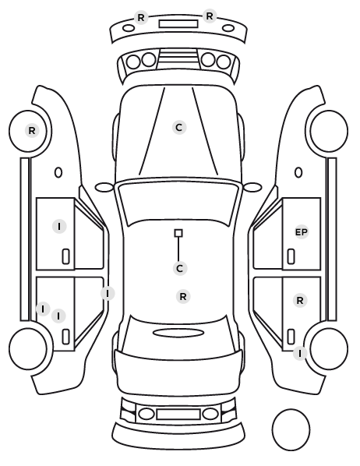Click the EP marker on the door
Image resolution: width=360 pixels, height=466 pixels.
click(301, 232)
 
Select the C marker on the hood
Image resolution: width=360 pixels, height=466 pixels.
click(179, 128)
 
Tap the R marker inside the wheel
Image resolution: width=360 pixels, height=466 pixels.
click(32, 130)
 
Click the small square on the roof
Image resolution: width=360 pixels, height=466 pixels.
click(178, 233)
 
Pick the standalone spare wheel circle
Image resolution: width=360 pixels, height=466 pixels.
click(291, 429)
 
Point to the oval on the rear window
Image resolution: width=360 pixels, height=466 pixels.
click(178, 334)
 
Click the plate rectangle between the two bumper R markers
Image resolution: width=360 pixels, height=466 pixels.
click(178, 24)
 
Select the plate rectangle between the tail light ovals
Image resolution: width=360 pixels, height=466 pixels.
click(178, 414)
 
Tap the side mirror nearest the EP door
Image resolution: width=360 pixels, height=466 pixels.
click(252, 187)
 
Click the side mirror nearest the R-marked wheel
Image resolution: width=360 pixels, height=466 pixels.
click(104, 188)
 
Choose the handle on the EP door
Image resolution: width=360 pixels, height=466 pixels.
click(291, 256)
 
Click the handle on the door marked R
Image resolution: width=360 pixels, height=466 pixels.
click(291, 337)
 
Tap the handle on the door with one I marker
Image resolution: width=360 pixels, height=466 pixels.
click(65, 256)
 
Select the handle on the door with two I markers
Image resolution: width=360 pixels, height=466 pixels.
click(65, 337)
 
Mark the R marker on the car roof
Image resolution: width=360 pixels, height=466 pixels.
click(183, 297)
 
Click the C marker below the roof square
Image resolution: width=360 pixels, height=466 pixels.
click(179, 268)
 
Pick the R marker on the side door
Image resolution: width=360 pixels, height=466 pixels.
click(300, 301)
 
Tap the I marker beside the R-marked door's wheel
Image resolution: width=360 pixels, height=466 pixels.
click(300, 354)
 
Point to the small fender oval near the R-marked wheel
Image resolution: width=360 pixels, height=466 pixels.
click(58, 172)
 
